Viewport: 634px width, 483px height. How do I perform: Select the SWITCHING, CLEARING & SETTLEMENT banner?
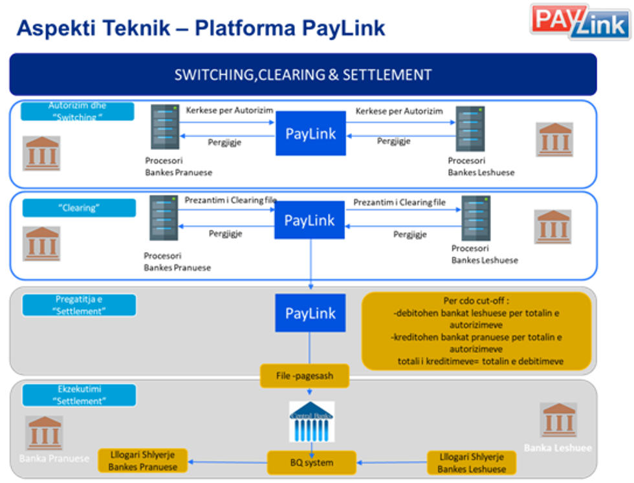point(303,74)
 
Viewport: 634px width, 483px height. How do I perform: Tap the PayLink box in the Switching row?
point(311,133)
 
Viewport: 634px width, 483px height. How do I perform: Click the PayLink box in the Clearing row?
point(310,220)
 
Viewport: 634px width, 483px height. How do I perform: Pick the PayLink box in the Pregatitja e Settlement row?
point(311,314)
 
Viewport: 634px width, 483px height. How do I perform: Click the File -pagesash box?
point(304,376)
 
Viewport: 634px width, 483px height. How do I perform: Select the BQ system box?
point(312,462)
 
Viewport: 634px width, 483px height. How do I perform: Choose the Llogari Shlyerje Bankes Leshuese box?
point(472,462)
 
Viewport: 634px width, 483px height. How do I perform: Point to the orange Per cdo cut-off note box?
point(476,330)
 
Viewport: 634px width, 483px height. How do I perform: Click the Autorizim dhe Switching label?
point(78,111)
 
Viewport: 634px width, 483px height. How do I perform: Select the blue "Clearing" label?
point(79,208)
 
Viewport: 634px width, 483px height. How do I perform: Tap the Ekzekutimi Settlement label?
point(79,395)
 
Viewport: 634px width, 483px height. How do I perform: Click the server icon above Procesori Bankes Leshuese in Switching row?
point(470,129)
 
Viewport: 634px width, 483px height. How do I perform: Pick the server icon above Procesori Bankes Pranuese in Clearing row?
point(164,219)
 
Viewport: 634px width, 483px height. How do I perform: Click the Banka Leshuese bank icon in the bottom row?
point(559,420)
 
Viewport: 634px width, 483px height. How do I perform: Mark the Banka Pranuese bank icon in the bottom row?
point(45,432)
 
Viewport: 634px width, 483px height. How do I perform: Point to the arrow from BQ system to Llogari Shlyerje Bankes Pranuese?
point(227,462)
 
